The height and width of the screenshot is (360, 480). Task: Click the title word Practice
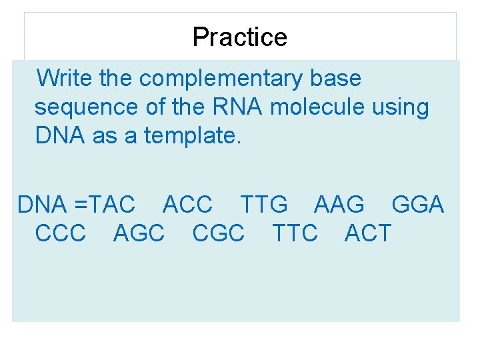(239, 37)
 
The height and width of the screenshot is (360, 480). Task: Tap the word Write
(65, 79)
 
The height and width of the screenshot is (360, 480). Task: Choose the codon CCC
(61, 233)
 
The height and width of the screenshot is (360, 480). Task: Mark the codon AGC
(139, 233)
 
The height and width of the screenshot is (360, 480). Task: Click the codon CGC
(218, 233)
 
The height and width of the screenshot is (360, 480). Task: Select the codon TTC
(295, 233)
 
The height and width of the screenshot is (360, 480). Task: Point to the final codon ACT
(368, 233)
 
